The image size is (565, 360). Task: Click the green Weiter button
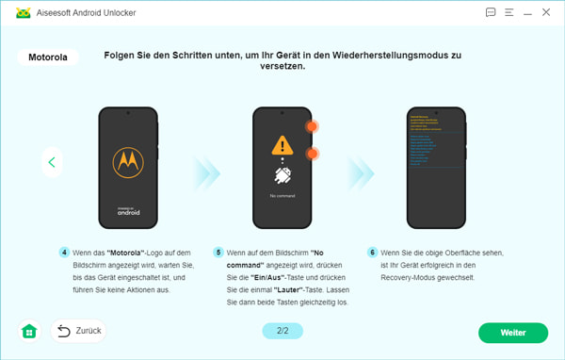pos(512,333)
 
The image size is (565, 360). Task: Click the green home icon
pos(29,332)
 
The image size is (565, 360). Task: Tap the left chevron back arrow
pos(52,162)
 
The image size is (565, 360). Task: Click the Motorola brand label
pos(48,57)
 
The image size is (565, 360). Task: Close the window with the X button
pos(545,12)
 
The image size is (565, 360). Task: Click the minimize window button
pos(526,12)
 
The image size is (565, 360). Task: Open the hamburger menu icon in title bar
pos(508,12)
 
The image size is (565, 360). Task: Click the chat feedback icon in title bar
pos(491,12)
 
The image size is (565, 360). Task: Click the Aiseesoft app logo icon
pos(16,12)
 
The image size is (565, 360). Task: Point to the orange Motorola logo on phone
pos(127,163)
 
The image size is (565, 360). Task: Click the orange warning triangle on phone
pos(282,146)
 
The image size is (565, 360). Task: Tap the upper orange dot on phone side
pos(312,126)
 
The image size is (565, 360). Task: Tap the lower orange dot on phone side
pos(312,154)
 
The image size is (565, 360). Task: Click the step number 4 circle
pos(64,253)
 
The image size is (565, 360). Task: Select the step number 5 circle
pos(218,253)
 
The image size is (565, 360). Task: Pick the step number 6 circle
pos(373,253)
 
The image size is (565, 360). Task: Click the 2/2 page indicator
pos(282,332)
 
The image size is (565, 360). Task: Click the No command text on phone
pos(282,196)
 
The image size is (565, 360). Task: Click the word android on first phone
pos(127,213)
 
